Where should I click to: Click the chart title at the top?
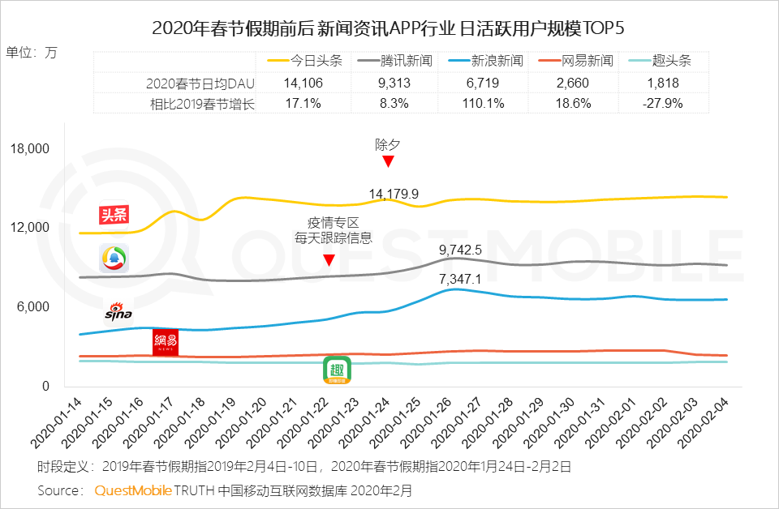pyautogui.click(x=389, y=28)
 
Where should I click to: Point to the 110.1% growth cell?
pyautogui.click(x=484, y=103)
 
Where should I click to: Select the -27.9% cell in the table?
pyautogui.click(x=659, y=103)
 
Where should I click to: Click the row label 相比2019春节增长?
pyautogui.click(x=202, y=103)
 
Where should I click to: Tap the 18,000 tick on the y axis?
pyautogui.click(x=31, y=149)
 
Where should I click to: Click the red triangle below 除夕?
pyautogui.click(x=388, y=161)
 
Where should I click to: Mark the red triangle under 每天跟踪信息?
pyautogui.click(x=329, y=260)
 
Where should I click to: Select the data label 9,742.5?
pyautogui.click(x=460, y=250)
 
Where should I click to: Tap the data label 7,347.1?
pyautogui.click(x=460, y=279)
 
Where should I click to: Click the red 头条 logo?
pyautogui.click(x=114, y=215)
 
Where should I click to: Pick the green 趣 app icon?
pyautogui.click(x=338, y=370)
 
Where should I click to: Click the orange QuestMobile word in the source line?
pyautogui.click(x=133, y=490)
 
